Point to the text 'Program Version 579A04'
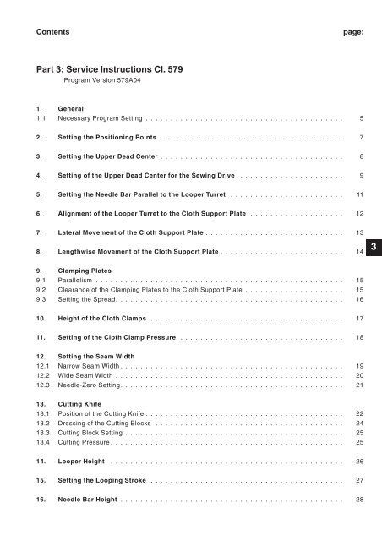click(x=103, y=85)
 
